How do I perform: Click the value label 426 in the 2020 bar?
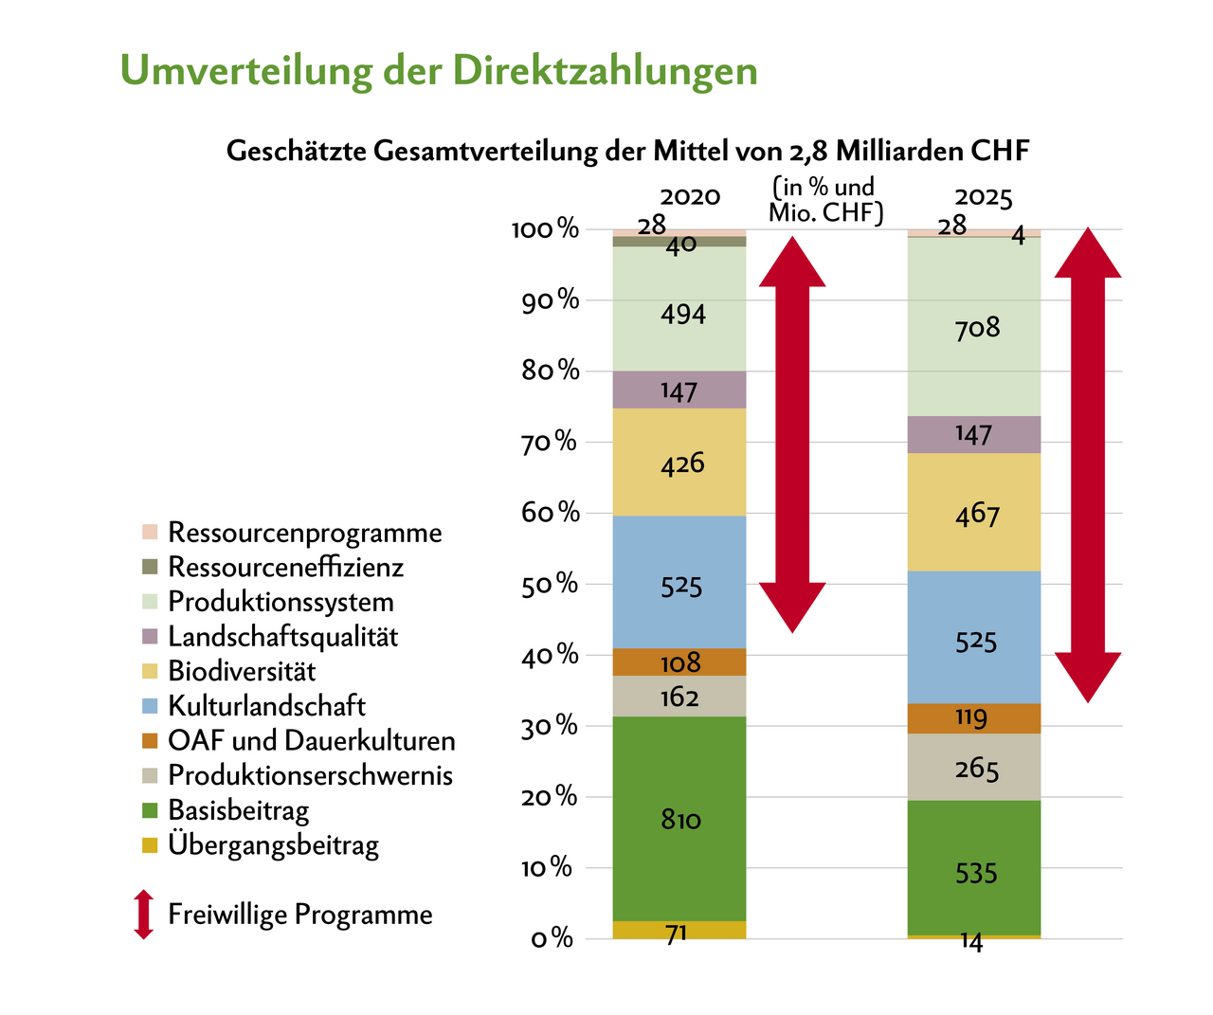(x=683, y=464)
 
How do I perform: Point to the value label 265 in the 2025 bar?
(x=977, y=769)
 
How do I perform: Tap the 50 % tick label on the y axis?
(x=548, y=584)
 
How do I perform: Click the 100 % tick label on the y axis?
(x=545, y=229)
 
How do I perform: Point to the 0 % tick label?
(x=552, y=939)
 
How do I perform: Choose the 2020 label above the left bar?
(x=690, y=196)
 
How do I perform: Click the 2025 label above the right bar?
(x=984, y=198)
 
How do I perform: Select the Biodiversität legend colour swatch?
(x=149, y=671)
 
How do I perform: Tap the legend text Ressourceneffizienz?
(x=285, y=567)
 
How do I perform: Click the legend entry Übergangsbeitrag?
(x=273, y=844)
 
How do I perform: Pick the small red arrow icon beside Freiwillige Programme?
(x=143, y=915)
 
